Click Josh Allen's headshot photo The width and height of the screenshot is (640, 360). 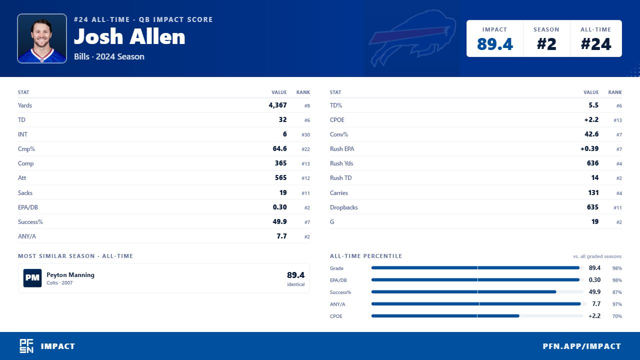(x=42, y=38)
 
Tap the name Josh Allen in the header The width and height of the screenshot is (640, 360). (x=129, y=36)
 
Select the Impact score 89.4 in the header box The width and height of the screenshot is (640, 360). (x=495, y=44)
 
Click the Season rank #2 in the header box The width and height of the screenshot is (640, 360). (x=546, y=44)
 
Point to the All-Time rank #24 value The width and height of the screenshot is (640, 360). (x=595, y=44)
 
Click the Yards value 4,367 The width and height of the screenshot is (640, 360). (x=277, y=105)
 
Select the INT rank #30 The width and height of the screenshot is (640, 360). (x=305, y=134)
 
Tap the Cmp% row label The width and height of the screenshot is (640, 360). (x=26, y=149)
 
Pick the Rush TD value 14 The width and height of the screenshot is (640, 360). (x=594, y=177)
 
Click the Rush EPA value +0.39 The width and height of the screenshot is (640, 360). (x=589, y=148)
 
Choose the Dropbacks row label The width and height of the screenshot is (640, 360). (x=343, y=207)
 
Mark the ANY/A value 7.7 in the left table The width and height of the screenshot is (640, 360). (x=281, y=236)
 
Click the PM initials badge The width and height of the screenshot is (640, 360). (x=32, y=278)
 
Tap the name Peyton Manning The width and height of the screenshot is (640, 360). (x=70, y=275)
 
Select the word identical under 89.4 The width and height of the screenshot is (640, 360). (x=295, y=284)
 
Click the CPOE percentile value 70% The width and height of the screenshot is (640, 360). (x=617, y=316)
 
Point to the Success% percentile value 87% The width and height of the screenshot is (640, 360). (x=617, y=292)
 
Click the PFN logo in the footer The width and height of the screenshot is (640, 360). (x=26, y=346)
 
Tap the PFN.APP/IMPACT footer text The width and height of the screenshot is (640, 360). (x=581, y=346)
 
